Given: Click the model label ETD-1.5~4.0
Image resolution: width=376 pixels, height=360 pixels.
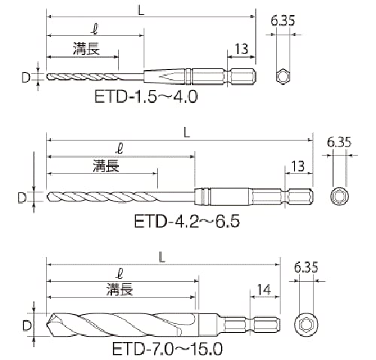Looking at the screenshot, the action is tap(146, 97).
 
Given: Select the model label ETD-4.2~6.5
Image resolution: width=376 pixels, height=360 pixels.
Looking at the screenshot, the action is tap(187, 221).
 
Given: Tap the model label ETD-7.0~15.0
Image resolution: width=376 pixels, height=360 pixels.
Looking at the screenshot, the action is tap(167, 349).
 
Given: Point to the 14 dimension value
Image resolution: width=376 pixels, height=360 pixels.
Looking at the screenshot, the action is tap(264, 289).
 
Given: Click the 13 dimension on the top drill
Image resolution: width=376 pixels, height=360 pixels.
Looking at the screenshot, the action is tap(241, 49).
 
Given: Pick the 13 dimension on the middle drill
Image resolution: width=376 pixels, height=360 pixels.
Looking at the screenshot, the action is tap(298, 165).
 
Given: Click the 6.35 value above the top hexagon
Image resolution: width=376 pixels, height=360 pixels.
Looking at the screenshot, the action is tap(283, 20).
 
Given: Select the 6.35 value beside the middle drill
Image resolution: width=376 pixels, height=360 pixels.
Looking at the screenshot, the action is tap(339, 142).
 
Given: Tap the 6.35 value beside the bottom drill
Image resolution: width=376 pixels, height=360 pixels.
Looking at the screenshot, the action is tap(306, 267).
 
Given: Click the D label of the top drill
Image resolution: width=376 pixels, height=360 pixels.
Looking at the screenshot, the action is tap(26, 77).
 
